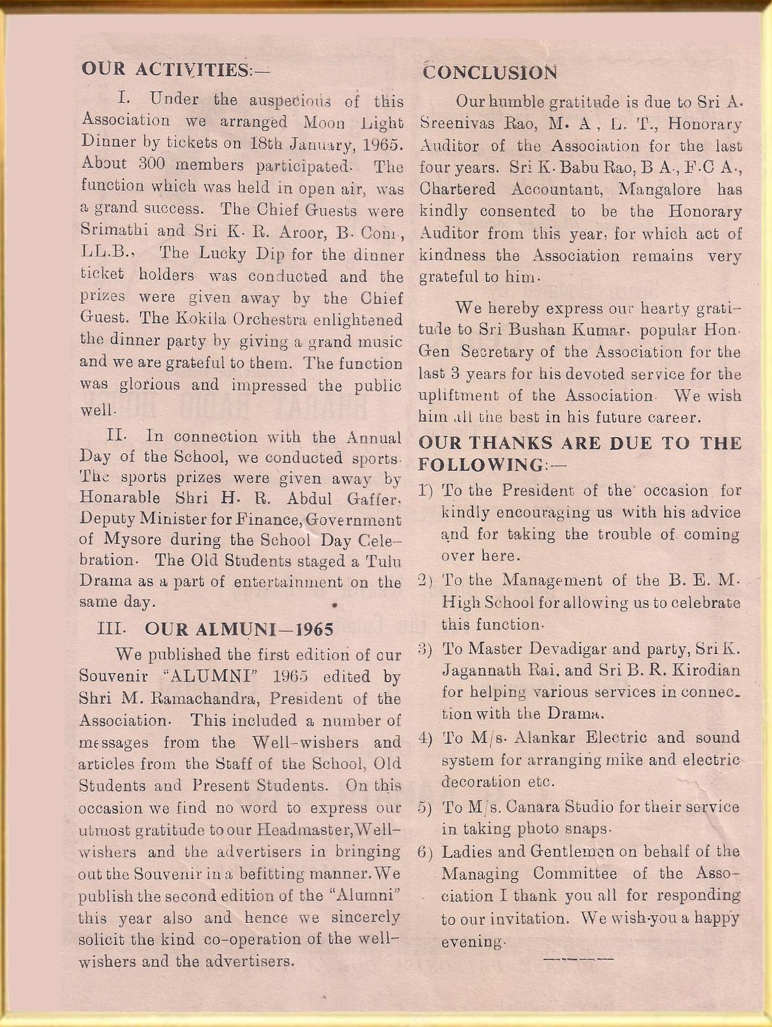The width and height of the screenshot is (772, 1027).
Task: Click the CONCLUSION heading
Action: point(490,72)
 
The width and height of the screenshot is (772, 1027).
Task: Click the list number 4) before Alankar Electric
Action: point(426,738)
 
